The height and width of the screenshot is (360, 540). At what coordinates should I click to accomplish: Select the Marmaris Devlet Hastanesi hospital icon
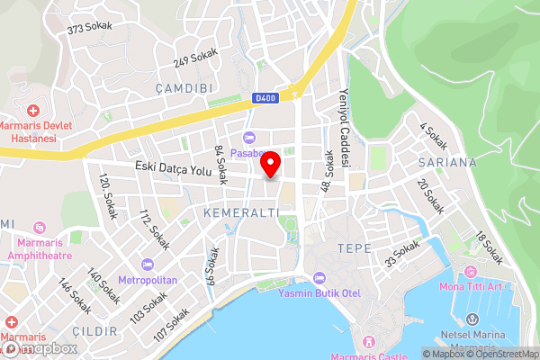33,111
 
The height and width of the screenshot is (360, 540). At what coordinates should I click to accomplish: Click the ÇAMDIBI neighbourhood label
183,88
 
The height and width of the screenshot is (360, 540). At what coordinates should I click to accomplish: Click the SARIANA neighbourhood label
446,163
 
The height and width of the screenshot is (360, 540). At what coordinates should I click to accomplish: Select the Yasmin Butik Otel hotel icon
320,277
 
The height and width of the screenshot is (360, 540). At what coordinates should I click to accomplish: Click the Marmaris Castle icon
367,342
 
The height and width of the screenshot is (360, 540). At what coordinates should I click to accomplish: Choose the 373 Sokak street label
89,27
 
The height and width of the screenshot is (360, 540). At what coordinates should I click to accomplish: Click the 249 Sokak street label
196,57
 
